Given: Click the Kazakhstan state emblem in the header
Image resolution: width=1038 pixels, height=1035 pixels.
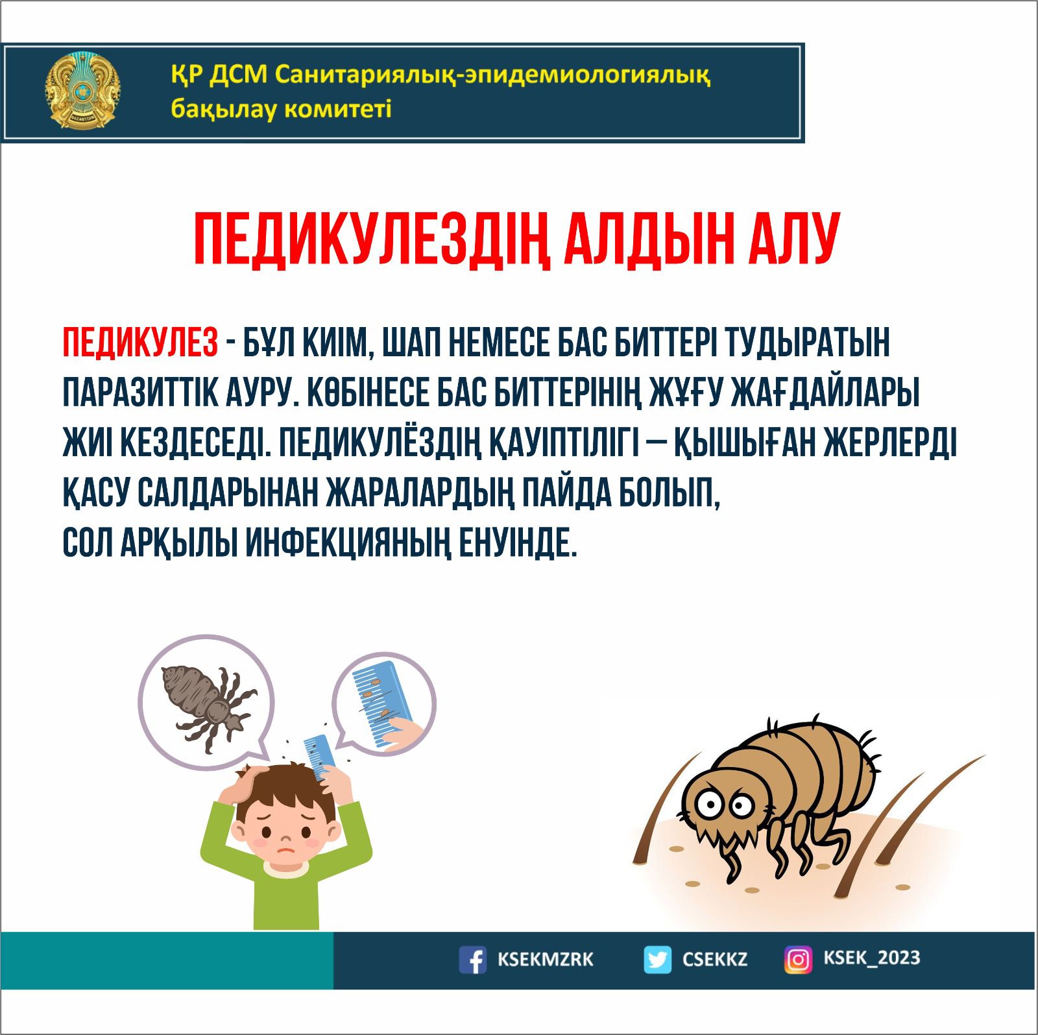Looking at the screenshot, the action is [82, 91].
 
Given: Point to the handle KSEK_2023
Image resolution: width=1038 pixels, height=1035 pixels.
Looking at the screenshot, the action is [871, 958].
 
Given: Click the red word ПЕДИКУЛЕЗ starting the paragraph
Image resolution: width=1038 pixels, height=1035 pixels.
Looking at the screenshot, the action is [140, 343].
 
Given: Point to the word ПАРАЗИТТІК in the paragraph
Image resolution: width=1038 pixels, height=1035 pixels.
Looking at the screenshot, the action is [136, 393].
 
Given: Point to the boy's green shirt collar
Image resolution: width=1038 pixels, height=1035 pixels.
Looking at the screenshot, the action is [285, 870].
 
